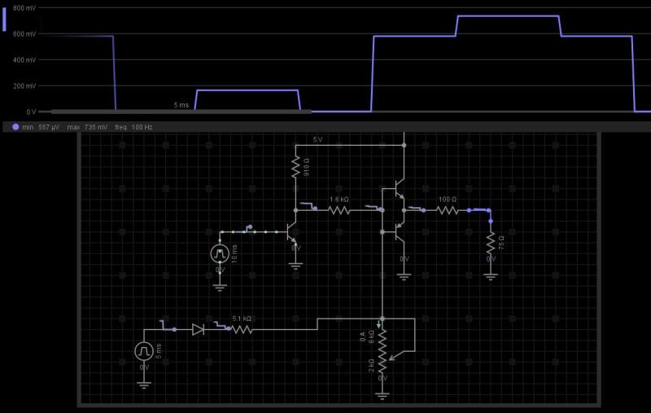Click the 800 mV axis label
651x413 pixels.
(x=24, y=7)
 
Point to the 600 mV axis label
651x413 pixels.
(x=24, y=33)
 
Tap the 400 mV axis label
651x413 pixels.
(x=24, y=59)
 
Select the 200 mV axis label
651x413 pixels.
(x=24, y=86)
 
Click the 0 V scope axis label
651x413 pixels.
(x=31, y=112)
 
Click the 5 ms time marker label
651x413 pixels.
(x=181, y=106)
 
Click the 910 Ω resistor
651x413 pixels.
(x=296, y=168)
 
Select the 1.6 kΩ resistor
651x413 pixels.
(x=339, y=209)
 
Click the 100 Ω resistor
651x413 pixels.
(x=448, y=209)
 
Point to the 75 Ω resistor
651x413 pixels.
(x=491, y=243)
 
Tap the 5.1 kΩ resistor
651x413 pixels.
(x=242, y=330)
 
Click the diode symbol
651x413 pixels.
(x=198, y=330)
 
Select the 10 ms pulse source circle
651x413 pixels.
(x=220, y=253)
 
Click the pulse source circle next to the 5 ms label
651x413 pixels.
(x=144, y=351)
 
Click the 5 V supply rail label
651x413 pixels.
(x=318, y=140)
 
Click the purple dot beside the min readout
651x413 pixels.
(x=15, y=127)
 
